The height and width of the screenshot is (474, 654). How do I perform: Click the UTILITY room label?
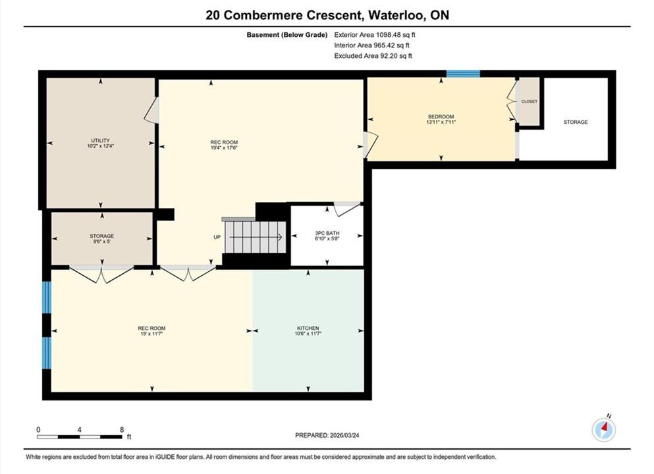[x=101, y=140]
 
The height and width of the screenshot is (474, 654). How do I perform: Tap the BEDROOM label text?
[x=441, y=117]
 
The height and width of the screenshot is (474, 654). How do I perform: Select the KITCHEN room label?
[x=308, y=328]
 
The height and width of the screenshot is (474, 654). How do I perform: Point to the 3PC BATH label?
[x=327, y=233]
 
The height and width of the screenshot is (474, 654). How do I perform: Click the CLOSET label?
[x=530, y=102]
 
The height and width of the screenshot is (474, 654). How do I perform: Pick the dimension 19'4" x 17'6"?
[x=224, y=147]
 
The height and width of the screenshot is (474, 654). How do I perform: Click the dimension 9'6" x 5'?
[x=102, y=242]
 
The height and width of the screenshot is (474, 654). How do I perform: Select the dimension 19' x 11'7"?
[x=152, y=334]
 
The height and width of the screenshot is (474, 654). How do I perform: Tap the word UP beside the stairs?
[x=217, y=237]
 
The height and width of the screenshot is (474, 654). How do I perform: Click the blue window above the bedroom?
[x=464, y=74]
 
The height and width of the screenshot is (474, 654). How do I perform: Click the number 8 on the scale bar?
[x=122, y=429]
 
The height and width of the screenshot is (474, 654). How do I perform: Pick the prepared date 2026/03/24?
[x=344, y=435]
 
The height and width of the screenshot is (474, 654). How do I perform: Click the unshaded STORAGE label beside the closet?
[x=576, y=122]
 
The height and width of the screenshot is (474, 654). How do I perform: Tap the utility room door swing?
[x=151, y=111]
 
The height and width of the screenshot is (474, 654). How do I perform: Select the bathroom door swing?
[x=347, y=209]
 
